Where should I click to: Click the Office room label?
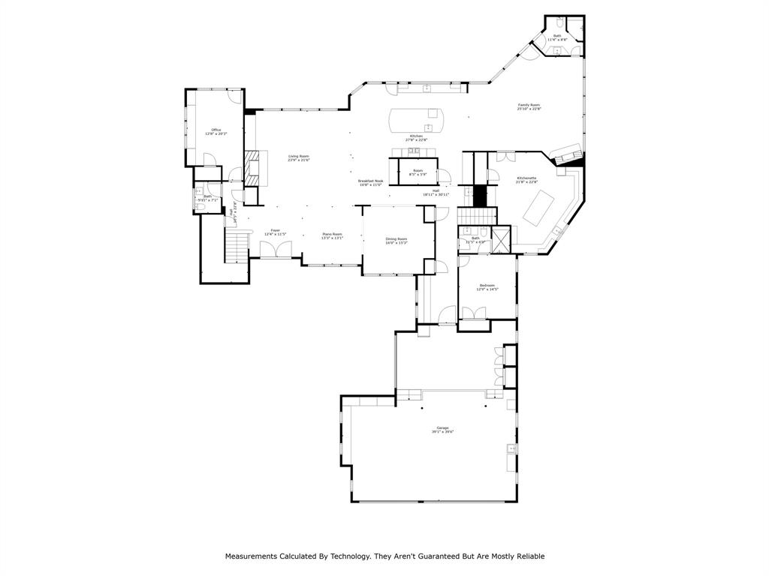[216, 130]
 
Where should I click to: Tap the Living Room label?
[299, 156]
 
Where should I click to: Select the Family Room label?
[529, 105]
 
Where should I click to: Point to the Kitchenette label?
[526, 178]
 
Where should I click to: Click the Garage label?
[442, 427]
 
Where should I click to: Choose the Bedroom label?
[487, 285]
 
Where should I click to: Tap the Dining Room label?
[396, 238]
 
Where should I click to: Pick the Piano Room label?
[332, 235]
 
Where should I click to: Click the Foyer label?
[276, 230]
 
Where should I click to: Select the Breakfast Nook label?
[370, 181]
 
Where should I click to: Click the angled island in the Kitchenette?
[538, 206]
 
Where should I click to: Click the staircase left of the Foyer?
[237, 246]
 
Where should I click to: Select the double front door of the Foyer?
[276, 249]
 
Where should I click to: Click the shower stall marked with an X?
[501, 240]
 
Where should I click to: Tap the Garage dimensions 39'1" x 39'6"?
[442, 432]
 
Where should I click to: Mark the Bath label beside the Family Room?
[557, 35]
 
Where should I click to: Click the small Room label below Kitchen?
[418, 170]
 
